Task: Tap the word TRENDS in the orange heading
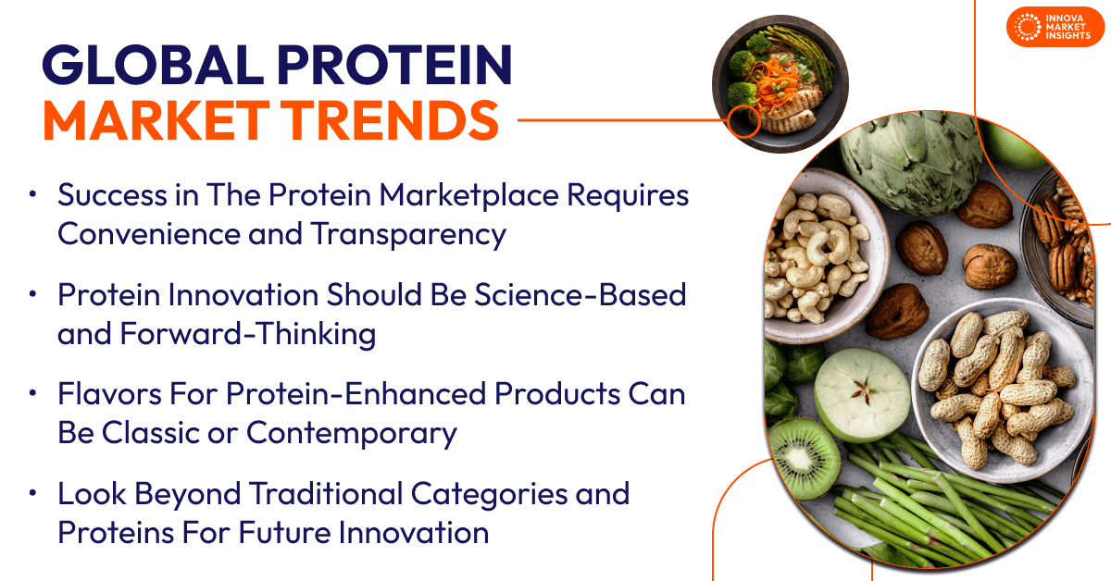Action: [393, 120]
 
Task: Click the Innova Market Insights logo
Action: [1055, 27]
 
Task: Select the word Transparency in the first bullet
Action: [408, 235]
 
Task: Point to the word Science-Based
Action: [580, 295]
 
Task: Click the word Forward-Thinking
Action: [248, 334]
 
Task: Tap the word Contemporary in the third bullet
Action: [352, 434]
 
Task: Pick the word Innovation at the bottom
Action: [414, 532]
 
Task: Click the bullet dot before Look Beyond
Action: [32, 493]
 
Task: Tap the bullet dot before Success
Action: [32, 194]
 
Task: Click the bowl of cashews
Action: [821, 255]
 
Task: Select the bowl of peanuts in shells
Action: [1002, 389]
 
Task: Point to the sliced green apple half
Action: [863, 395]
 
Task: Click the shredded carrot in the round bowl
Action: [775, 82]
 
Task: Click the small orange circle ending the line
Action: [744, 121]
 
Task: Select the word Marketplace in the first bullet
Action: [469, 195]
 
